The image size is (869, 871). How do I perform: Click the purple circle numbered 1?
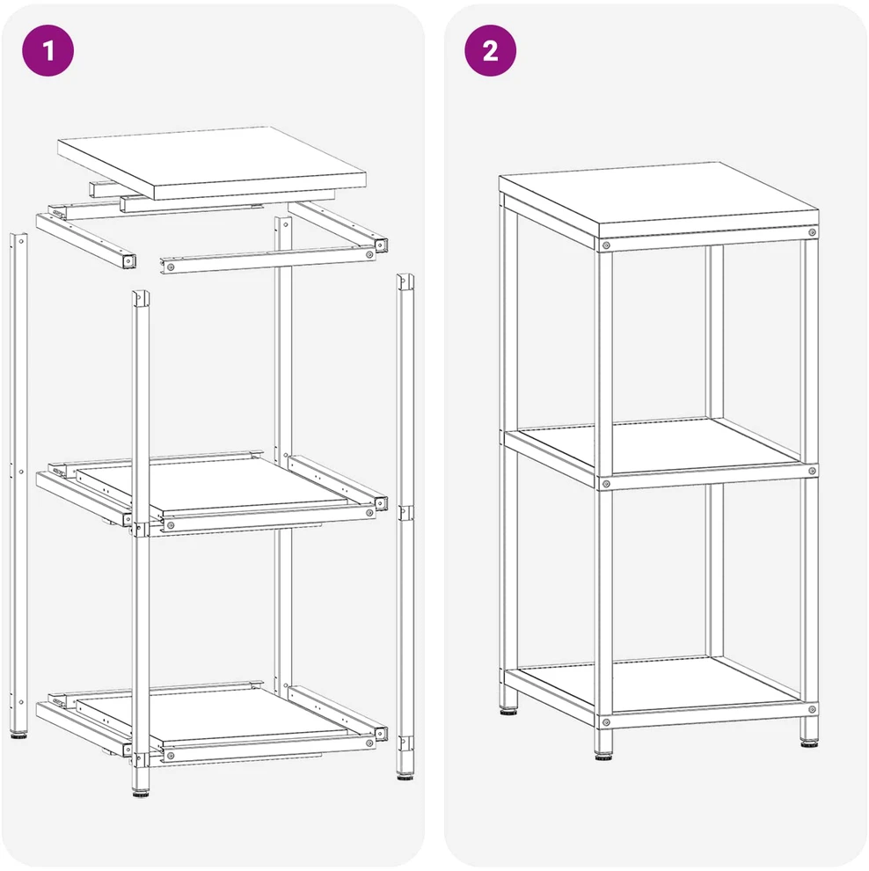tap(47, 50)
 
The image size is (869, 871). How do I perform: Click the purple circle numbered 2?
tap(490, 50)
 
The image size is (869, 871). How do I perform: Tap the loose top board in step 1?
tap(212, 162)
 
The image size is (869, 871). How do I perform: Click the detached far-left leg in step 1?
tap(18, 483)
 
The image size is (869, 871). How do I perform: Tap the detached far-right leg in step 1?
tap(405, 525)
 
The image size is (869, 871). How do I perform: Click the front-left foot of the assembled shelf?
tap(603, 756)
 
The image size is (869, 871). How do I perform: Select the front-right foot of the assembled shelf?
tap(809, 743)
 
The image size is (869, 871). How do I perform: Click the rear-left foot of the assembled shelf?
tap(508, 709)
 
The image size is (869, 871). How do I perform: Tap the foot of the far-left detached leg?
tap(18, 735)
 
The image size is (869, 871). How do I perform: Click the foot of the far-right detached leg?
tap(405, 775)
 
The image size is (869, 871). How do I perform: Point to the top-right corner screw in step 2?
tap(812, 232)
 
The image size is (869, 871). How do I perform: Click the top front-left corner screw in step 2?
tap(606, 245)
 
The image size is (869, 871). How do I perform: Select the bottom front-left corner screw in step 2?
tap(606, 722)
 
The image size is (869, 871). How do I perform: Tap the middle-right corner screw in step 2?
tap(812, 471)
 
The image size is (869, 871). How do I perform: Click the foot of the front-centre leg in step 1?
tap(141, 792)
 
